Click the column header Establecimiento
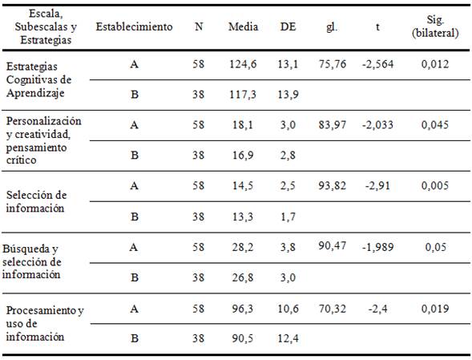click(134, 26)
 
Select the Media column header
click(243, 26)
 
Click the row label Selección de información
click(38, 202)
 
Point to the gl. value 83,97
click(332, 124)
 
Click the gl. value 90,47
click(332, 245)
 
